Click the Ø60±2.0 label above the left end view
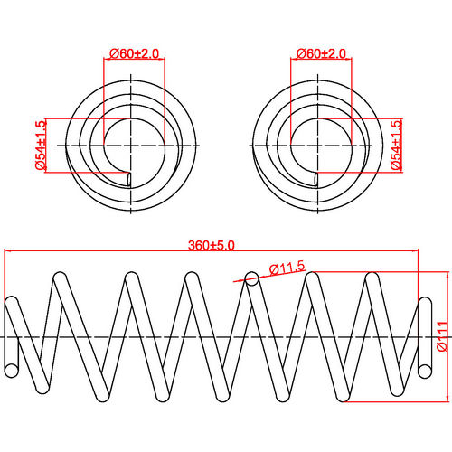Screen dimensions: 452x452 pyautogui.click(x=134, y=54)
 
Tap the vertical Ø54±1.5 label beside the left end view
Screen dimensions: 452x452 pyautogui.click(x=41, y=146)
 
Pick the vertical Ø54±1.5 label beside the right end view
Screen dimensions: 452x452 pyautogui.click(x=396, y=146)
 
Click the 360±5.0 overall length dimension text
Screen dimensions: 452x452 pyautogui.click(x=212, y=245)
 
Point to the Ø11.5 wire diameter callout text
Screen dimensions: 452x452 pyautogui.click(x=287, y=268)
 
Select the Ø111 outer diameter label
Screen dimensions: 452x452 pyautogui.click(x=441, y=336)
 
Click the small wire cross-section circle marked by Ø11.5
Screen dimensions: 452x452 pyautogui.click(x=253, y=281)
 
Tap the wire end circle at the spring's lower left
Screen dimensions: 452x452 pyautogui.click(x=11, y=369)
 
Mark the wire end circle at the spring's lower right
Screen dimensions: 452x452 pyautogui.click(x=424, y=369)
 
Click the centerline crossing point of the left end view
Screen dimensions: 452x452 pyautogui.click(x=134, y=146)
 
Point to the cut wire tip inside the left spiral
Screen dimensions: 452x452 pyautogui.click(x=131, y=177)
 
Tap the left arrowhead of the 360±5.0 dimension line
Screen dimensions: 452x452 pyautogui.click(x=8, y=252)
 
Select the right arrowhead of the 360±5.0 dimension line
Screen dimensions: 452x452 pyautogui.click(x=418, y=252)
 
